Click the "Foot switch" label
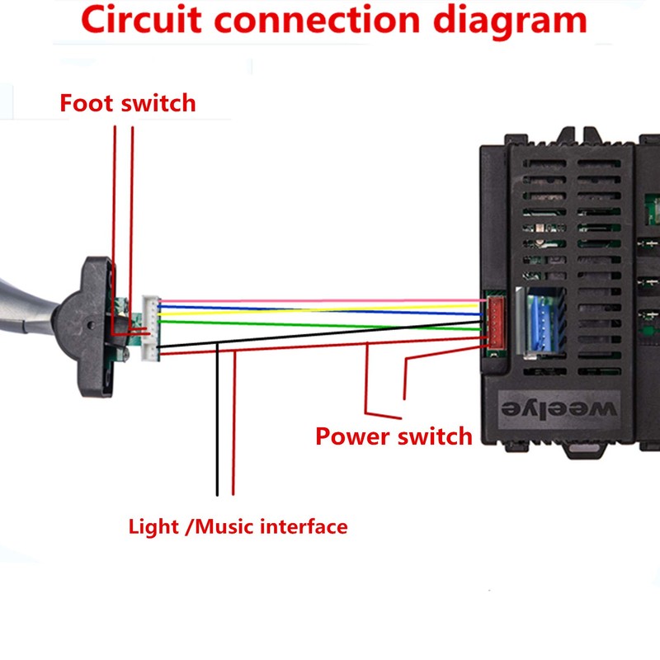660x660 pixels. coord(128,104)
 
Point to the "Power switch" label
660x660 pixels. coord(394,436)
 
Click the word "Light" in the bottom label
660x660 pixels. coord(154,526)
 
